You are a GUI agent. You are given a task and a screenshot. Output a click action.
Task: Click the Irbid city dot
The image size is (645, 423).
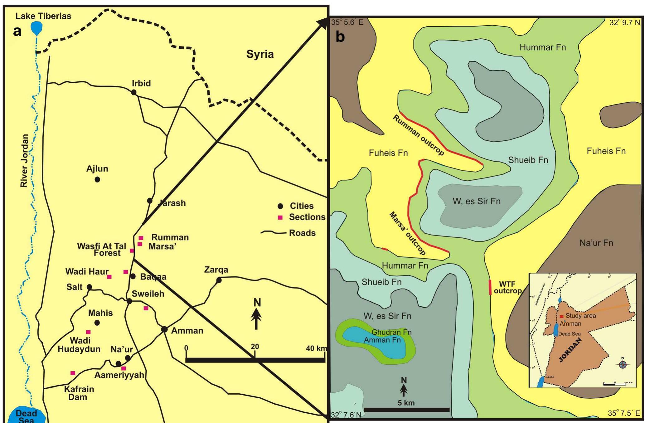[x=133, y=92]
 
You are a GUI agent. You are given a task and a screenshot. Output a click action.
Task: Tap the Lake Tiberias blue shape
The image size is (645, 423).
[x=37, y=28]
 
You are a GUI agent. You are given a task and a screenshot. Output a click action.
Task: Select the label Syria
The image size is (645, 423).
[x=260, y=54]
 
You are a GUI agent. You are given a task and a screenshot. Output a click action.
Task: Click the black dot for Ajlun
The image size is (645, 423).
[x=97, y=179]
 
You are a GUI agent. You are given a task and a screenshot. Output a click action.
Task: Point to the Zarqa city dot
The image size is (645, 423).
[x=219, y=280]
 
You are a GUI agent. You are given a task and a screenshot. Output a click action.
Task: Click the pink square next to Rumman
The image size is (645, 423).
[x=141, y=238]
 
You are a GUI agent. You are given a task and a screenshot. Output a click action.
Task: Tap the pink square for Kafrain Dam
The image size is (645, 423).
[x=73, y=373]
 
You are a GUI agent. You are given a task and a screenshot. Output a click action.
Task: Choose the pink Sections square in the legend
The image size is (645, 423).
[x=280, y=217]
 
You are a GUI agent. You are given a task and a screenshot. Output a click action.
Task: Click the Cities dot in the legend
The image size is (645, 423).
[x=280, y=206]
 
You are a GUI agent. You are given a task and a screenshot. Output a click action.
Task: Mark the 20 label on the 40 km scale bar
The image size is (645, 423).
[x=255, y=347]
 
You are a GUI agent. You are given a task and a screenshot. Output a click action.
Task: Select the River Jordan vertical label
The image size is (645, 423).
[x=24, y=161]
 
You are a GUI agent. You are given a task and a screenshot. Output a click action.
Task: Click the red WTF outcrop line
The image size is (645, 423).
[x=490, y=287]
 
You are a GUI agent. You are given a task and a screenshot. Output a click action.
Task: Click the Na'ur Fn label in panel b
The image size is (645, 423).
[x=596, y=243]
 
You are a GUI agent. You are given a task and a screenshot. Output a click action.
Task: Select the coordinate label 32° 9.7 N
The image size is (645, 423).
[x=625, y=22]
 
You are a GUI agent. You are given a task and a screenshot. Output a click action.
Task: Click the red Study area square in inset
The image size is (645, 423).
[x=561, y=316]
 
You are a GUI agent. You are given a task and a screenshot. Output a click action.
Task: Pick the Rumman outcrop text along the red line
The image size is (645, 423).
[x=418, y=135]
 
